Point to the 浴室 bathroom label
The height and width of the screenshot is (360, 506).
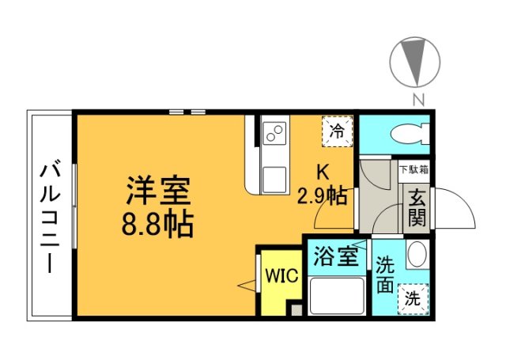click(334, 258)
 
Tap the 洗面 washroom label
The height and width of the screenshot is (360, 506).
click(386, 275)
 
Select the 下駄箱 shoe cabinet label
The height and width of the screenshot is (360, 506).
click(414, 169)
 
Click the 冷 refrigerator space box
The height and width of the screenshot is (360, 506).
click(337, 130)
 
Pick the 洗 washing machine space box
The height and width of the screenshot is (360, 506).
click(413, 299)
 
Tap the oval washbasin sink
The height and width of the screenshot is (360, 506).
click(416, 256)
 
